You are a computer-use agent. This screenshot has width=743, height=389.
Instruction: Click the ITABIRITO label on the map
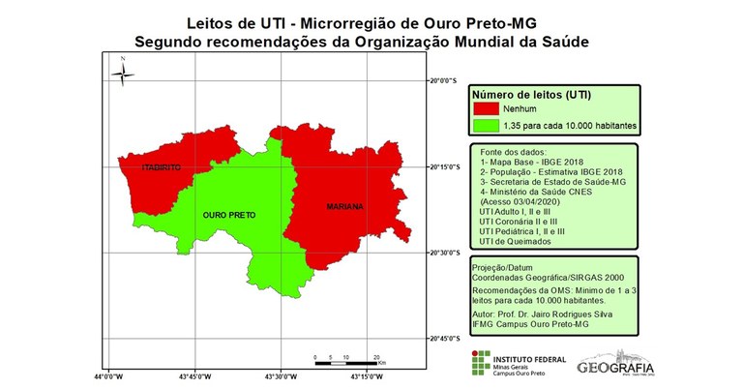(162, 167)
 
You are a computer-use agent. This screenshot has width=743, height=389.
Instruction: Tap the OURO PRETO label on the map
(229, 215)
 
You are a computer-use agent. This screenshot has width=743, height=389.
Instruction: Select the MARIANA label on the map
(344, 207)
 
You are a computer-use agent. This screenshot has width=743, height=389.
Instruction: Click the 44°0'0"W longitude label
(107, 376)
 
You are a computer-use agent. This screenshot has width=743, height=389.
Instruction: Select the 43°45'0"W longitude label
(193, 376)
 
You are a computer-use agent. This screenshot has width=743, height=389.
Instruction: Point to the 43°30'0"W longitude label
(280, 376)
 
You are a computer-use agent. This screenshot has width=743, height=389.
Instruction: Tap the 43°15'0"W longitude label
(366, 376)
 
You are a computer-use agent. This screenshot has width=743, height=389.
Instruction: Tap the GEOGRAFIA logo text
(614, 367)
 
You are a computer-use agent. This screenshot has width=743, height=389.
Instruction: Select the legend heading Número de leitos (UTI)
(532, 96)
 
